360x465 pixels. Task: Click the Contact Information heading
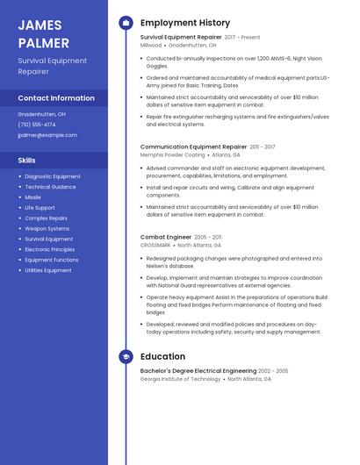56,98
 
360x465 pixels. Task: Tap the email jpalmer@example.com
47,135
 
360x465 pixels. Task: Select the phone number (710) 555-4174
37,125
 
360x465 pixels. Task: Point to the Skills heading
27,161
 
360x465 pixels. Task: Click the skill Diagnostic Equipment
53,176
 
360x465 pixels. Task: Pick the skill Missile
33,197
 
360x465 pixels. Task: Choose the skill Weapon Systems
47,229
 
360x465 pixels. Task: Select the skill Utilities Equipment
48,270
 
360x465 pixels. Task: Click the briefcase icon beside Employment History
126,23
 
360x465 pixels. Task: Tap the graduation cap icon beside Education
126,356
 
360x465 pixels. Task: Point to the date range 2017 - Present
242,38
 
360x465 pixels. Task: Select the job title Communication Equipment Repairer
193,147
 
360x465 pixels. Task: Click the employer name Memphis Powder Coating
172,154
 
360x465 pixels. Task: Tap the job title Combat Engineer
165,237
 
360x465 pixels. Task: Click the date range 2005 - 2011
208,237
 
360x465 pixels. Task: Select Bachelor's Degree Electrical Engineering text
198,372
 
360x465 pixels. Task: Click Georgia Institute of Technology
180,379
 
